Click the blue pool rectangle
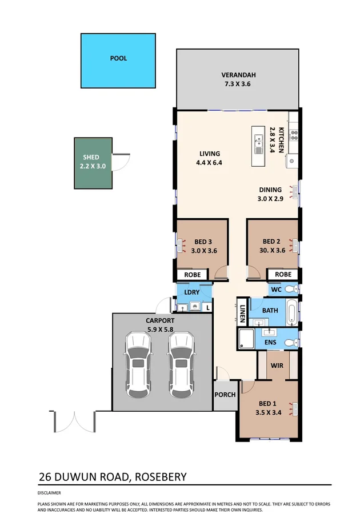(x=118, y=61)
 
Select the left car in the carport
(x=138, y=366)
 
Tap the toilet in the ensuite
(x=290, y=342)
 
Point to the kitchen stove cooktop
(x=294, y=136)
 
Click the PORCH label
(x=225, y=395)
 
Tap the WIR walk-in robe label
(x=277, y=364)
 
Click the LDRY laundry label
(x=191, y=292)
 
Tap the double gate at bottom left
(x=73, y=421)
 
